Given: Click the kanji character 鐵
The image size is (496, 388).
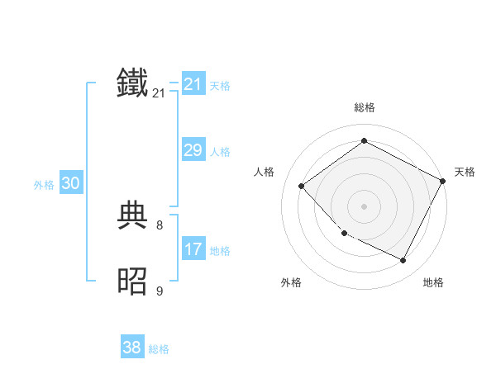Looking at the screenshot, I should pos(133,83).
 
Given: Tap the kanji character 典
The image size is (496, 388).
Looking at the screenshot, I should pos(133,216).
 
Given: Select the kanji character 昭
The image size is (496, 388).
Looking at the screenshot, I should pos(133,282).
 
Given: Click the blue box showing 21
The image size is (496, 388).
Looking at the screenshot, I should pos(193,84).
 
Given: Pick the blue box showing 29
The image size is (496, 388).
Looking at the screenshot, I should pos(193,150).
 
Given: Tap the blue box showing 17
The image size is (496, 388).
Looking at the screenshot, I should pos(193,248).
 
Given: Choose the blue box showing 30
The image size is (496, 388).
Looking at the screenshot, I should pos(70,183).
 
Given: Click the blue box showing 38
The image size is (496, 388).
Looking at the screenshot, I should pos(131,348).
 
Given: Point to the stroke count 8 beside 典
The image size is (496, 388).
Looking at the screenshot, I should pos(160,225).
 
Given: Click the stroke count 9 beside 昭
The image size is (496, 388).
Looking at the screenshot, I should pos(160,291).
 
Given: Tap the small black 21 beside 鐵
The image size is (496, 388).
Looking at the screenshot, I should pos(159,93).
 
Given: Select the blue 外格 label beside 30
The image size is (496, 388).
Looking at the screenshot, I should pos(44,185).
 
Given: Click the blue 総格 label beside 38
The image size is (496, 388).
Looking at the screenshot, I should pos(159,349).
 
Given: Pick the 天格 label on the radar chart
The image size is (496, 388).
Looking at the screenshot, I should pos(465,172).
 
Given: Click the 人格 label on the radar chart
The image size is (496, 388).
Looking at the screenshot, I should pos(264,172).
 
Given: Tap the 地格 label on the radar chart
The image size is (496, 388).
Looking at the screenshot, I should pos(433,282).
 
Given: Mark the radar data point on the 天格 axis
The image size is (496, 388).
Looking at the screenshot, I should pos(443,182).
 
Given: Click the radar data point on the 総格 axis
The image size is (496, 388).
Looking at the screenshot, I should pos(364,141).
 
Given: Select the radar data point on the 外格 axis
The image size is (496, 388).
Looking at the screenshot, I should pos(344,234).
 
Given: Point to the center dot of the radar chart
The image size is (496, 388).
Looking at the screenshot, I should pos(364,206).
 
